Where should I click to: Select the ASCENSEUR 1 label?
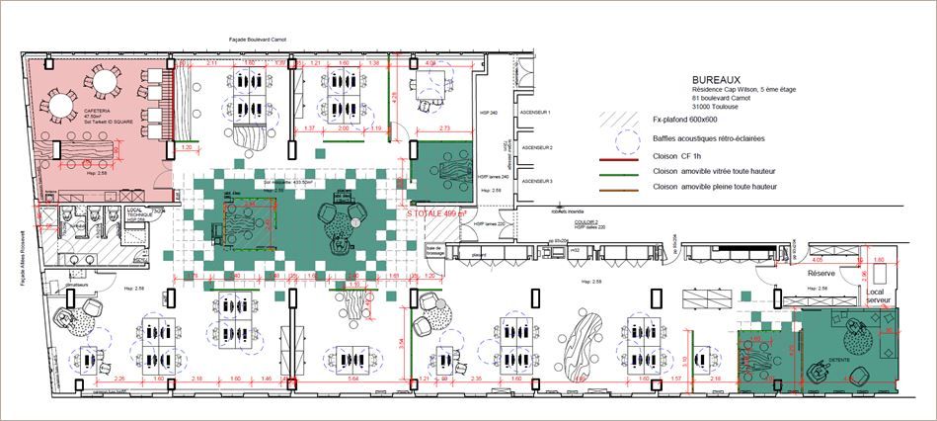(x=538, y=114)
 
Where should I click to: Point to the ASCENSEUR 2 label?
(x=538, y=148)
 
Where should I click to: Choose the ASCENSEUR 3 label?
(x=538, y=182)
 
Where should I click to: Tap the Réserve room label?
(x=822, y=272)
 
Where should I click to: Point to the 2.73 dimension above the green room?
(x=445, y=128)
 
